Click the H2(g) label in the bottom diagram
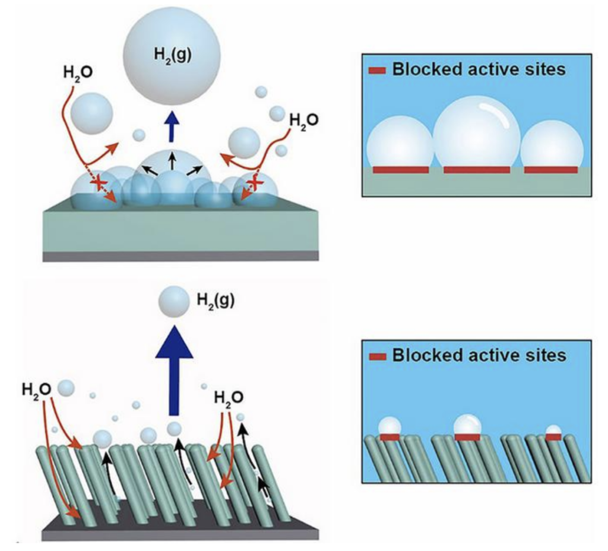(214, 301)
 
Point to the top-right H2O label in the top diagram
(303, 120)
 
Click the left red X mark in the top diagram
(99, 184)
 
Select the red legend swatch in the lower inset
(378, 357)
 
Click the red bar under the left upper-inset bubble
(400, 170)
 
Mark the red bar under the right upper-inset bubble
(551, 170)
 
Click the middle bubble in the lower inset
(467, 425)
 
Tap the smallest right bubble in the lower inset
(553, 430)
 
